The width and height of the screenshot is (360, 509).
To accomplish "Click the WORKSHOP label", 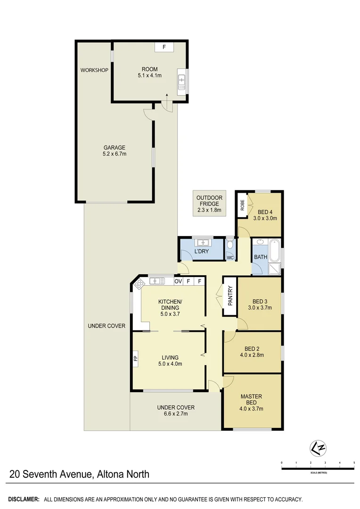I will click(x=94, y=70).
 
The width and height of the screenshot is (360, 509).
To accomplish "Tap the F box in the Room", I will click(x=164, y=47).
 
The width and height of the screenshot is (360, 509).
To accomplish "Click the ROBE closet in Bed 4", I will click(x=242, y=205).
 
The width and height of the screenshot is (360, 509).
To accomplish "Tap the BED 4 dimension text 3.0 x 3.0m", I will click(x=264, y=218).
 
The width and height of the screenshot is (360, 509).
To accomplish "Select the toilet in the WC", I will click(x=229, y=245).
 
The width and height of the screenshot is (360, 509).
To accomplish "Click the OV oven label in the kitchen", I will click(x=178, y=281).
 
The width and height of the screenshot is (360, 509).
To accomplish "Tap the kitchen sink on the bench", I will click(x=156, y=281).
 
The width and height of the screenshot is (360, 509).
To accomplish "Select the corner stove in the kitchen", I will click(x=139, y=284).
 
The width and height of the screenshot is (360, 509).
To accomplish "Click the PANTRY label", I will click(x=230, y=296).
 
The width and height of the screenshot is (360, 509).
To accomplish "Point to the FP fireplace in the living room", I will click(x=136, y=358).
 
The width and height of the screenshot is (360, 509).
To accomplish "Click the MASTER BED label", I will click(x=251, y=400).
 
